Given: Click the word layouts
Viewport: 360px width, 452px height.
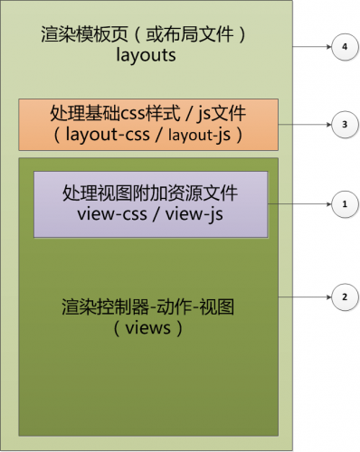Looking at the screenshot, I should point(145,56).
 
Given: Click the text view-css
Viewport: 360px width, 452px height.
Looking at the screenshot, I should point(110,216).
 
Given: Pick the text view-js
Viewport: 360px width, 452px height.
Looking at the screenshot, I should point(194,216).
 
